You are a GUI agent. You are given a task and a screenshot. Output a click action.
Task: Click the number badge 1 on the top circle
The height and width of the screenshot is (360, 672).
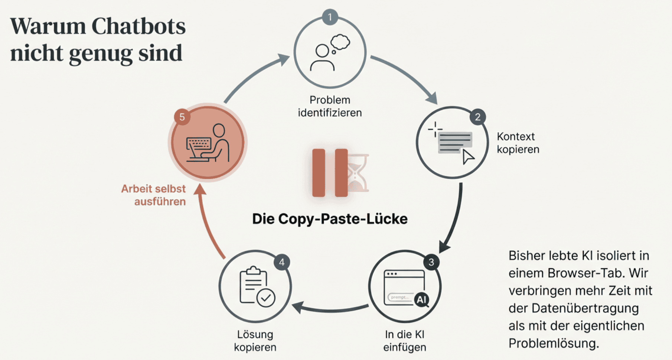(330, 17)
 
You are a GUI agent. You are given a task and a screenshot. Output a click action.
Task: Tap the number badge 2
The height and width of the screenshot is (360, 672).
(477, 117)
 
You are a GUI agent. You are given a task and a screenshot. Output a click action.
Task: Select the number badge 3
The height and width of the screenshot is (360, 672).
(431, 262)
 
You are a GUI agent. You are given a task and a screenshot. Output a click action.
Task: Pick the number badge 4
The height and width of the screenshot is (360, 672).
(282, 262)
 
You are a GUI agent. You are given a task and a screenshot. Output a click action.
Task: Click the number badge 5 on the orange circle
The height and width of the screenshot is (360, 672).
(182, 117)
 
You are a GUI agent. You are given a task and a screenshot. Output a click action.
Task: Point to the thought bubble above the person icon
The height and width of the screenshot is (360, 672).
(340, 42)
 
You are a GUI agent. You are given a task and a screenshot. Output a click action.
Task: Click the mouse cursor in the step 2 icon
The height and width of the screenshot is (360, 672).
(468, 157)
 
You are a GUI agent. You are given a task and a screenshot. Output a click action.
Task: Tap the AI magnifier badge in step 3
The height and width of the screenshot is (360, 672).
(422, 300)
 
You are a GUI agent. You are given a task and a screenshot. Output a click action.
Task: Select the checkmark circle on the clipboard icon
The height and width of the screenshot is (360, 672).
(266, 298)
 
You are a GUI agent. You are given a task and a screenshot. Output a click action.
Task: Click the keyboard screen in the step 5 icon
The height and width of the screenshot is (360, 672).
(199, 144)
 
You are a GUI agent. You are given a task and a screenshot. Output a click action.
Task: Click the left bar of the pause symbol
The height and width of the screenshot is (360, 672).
(319, 173)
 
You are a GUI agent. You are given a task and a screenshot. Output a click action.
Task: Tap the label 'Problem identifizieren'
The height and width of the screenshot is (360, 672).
(330, 106)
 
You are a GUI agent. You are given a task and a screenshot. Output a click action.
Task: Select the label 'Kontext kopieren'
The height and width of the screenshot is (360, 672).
(518, 143)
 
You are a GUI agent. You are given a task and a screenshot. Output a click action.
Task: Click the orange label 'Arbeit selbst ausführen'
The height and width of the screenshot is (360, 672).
(154, 195)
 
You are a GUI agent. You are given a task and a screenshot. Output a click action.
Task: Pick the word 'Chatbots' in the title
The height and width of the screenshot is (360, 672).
(138, 27)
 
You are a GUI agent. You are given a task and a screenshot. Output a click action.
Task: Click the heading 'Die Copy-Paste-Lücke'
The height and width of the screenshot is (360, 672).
(330, 219)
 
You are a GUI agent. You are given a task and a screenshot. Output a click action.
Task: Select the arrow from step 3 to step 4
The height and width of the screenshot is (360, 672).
(330, 308)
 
